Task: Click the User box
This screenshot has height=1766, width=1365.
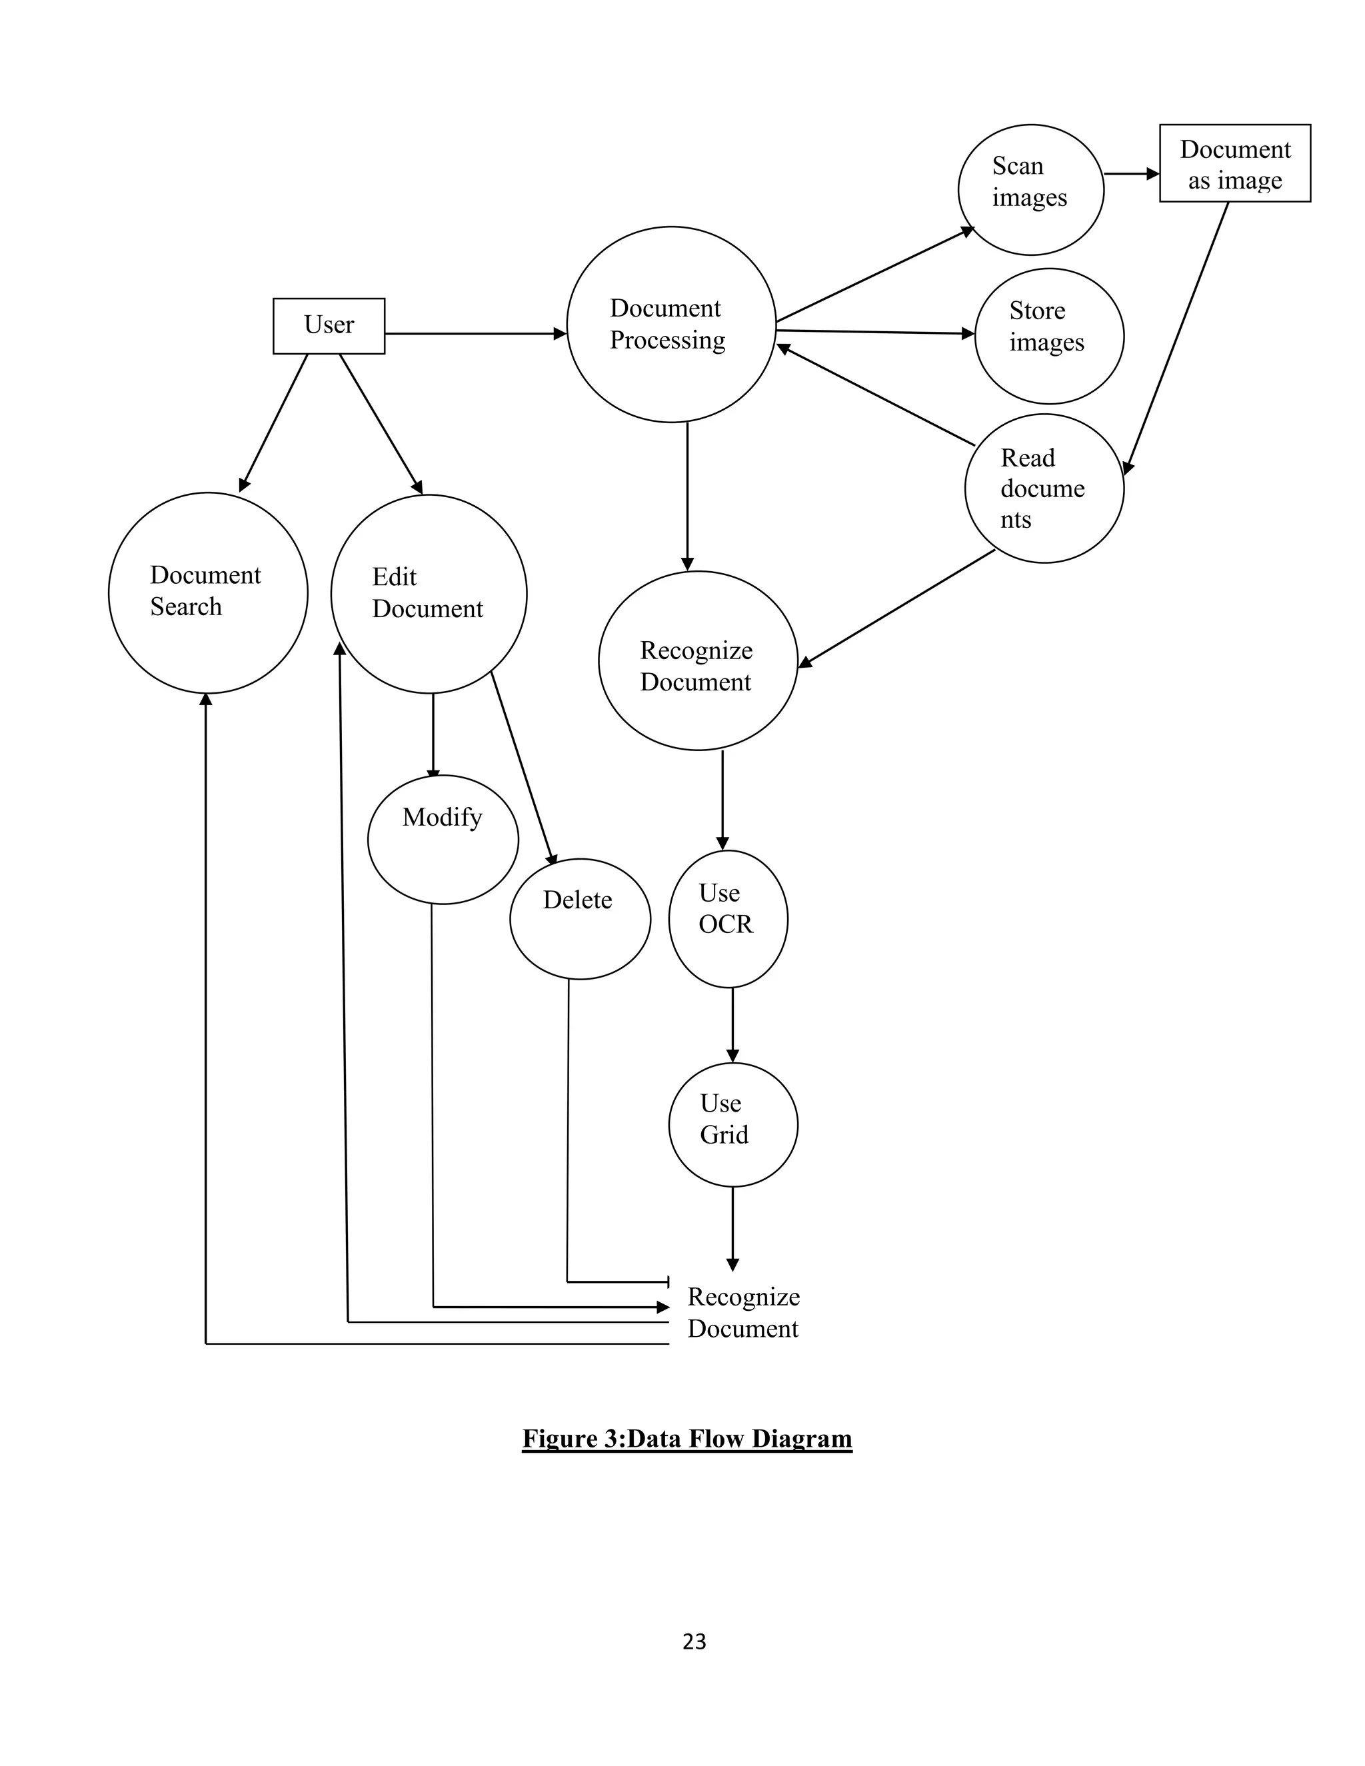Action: click(329, 325)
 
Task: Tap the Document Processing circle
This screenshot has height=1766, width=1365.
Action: click(671, 325)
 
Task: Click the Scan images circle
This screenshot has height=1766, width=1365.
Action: click(1030, 189)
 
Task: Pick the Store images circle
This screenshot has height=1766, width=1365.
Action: click(1049, 336)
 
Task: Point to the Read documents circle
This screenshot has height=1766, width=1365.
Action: click(1044, 488)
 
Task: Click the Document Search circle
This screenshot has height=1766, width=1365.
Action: click(208, 592)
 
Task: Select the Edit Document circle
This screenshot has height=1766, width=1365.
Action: click(429, 594)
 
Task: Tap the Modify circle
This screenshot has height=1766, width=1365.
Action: click(443, 839)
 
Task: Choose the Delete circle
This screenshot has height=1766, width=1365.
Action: click(580, 918)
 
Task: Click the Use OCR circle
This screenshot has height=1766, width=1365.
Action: click(728, 918)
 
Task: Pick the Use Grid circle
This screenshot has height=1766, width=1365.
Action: click(732, 1125)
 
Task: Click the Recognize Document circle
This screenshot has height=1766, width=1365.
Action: click(698, 660)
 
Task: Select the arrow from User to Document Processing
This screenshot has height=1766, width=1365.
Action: click(475, 333)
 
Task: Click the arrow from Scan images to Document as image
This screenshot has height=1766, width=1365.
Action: click(1130, 173)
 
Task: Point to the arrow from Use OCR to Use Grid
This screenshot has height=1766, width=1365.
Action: click(732, 1024)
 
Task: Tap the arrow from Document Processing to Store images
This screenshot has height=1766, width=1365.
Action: click(875, 331)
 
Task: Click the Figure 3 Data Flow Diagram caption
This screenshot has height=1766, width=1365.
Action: click(686, 1439)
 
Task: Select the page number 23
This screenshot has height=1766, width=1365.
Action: click(694, 1641)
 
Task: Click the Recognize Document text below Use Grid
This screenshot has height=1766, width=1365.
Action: click(742, 1312)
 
